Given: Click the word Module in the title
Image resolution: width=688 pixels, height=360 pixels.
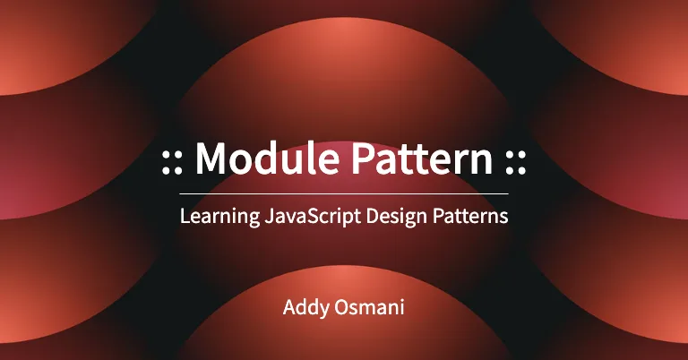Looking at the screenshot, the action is pos(267,158).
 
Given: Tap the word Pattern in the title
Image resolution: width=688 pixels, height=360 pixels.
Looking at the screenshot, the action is pos(422,159).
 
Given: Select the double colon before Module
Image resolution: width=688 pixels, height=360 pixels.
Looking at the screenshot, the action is pos(172,163).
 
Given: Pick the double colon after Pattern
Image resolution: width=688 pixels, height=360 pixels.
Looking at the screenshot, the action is pos(516,163).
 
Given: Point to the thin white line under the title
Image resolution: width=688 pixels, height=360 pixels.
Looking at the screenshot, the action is pos(344,193).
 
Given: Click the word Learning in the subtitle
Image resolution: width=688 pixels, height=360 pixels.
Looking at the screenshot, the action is pos(219,217).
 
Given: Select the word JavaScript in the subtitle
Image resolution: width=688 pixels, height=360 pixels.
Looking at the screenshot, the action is pos(313,217).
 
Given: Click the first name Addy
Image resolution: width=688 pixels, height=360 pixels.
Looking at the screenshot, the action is pos(306,308).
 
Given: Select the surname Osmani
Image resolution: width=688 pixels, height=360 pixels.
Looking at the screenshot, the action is pos(369,307).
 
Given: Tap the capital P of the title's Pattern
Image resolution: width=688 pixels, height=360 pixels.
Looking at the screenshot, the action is pos(364,159).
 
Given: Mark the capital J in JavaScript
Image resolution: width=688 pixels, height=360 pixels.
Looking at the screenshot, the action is pos(269,216).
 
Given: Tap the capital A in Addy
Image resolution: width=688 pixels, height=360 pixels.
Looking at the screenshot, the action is pos(290,307).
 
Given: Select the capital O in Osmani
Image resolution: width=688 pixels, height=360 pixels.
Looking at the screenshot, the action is pos(342,307).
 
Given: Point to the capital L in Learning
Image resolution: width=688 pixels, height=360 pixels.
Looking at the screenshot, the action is pos(185,216).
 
